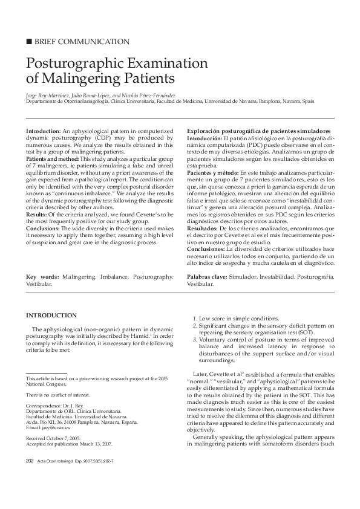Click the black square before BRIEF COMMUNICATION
(28, 42)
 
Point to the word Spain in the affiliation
(308, 102)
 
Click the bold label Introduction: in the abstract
(43, 131)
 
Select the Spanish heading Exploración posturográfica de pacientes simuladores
(258, 131)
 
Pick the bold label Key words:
(42, 276)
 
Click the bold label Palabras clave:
(207, 276)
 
